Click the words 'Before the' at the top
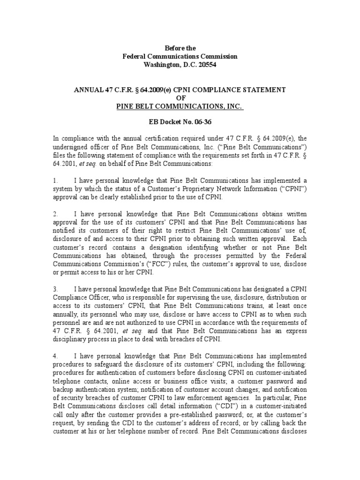click(x=180, y=48)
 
